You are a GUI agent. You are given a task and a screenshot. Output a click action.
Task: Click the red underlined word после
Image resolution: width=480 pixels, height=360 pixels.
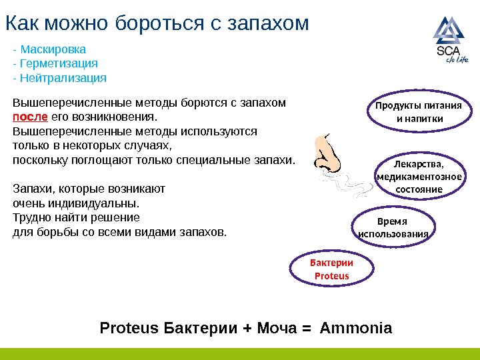[x=31, y=117]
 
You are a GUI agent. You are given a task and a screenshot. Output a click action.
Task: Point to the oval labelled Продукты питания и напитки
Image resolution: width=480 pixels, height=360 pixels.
[x=419, y=113]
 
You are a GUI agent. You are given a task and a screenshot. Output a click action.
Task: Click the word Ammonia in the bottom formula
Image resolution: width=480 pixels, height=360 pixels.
[x=356, y=329]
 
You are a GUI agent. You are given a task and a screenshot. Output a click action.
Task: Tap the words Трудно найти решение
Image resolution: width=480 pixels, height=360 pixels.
[x=77, y=217]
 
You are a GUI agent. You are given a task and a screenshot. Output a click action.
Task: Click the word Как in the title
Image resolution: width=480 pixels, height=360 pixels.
[x=19, y=24]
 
